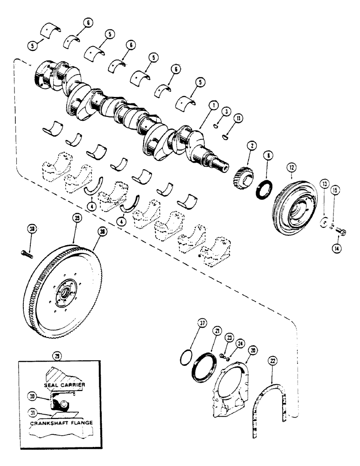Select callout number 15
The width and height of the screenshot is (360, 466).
333,191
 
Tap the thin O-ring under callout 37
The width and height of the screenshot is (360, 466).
185,358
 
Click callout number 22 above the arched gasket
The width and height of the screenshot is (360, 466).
274,361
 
